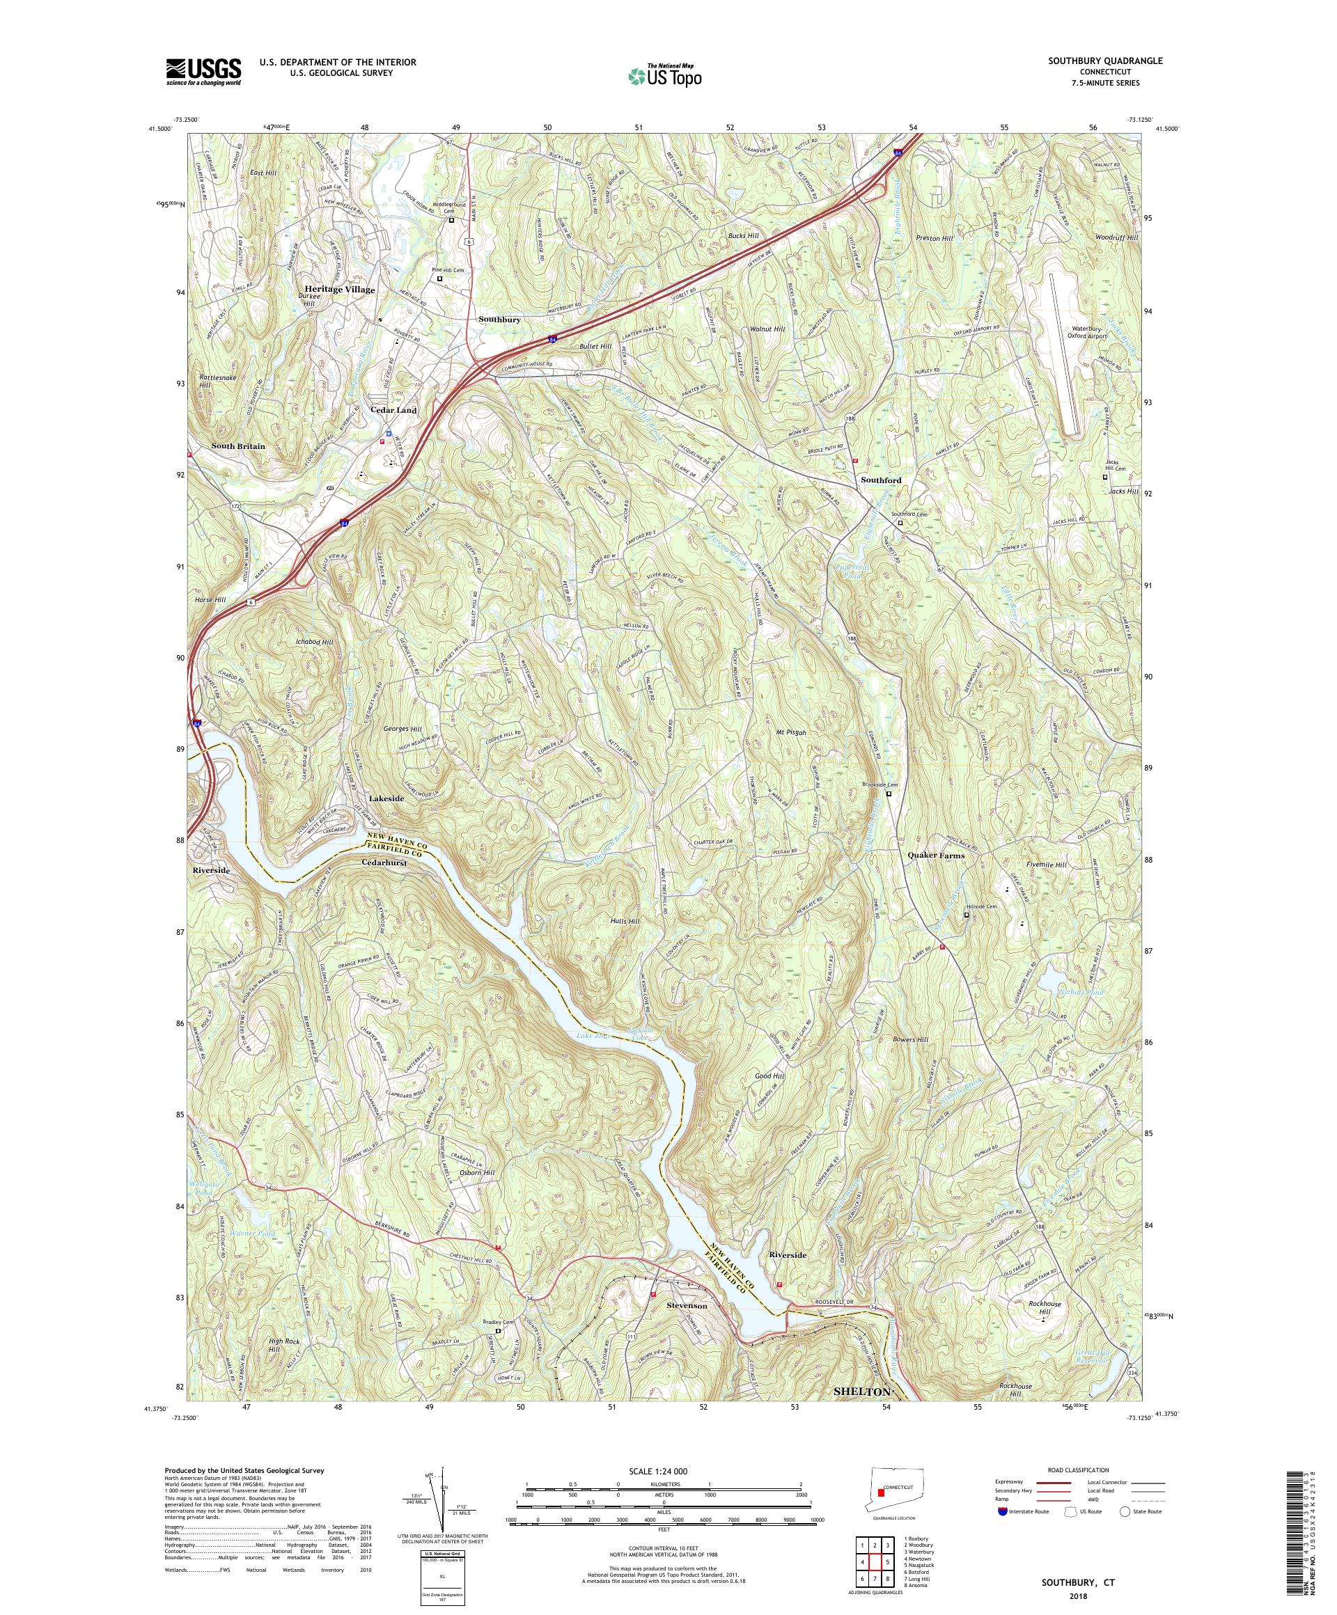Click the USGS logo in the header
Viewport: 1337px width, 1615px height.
click(203, 72)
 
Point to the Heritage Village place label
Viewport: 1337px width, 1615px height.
click(337, 290)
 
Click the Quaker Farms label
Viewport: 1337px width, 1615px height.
click(935, 855)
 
